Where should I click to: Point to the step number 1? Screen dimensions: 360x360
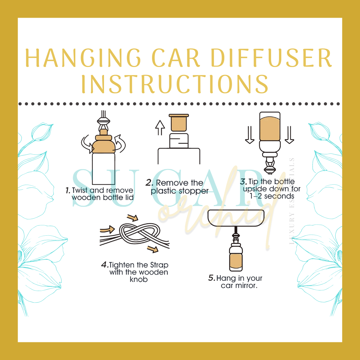(x=68, y=190)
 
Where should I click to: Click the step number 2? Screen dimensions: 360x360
(x=149, y=183)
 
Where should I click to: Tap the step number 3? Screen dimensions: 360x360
(x=243, y=182)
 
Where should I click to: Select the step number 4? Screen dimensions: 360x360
(x=105, y=265)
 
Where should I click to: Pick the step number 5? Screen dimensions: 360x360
(x=211, y=278)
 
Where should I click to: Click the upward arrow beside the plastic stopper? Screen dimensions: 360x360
(x=161, y=128)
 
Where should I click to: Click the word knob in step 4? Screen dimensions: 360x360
(x=138, y=279)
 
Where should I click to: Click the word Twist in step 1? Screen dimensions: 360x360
(x=80, y=190)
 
